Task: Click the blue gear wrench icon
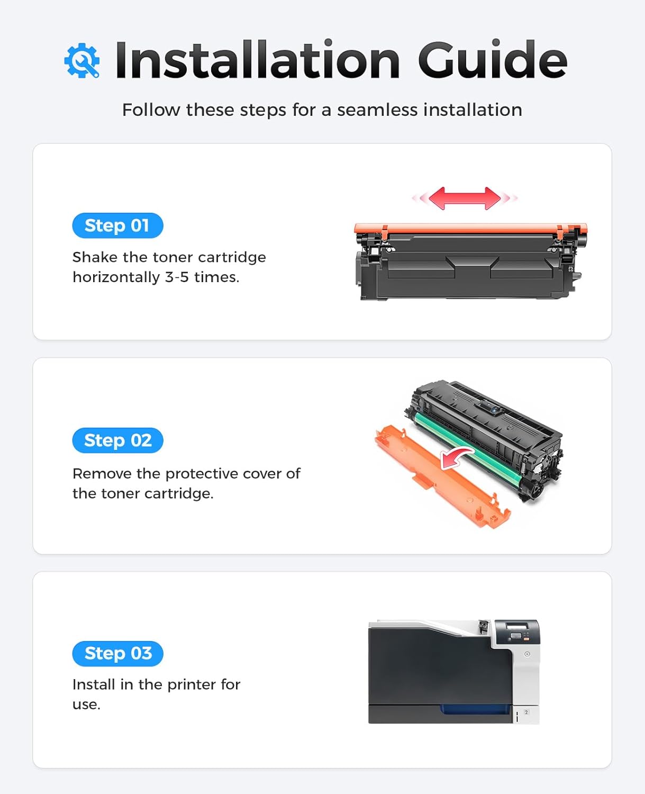click(x=82, y=61)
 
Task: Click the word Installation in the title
click(x=257, y=60)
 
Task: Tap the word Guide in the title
click(x=492, y=60)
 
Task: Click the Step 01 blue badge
click(x=117, y=225)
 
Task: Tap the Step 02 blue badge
click(x=117, y=440)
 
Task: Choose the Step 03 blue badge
click(x=117, y=654)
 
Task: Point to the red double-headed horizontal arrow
click(x=465, y=198)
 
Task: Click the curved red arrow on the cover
click(x=457, y=457)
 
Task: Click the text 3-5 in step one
click(x=177, y=277)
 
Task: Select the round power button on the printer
click(x=527, y=654)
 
